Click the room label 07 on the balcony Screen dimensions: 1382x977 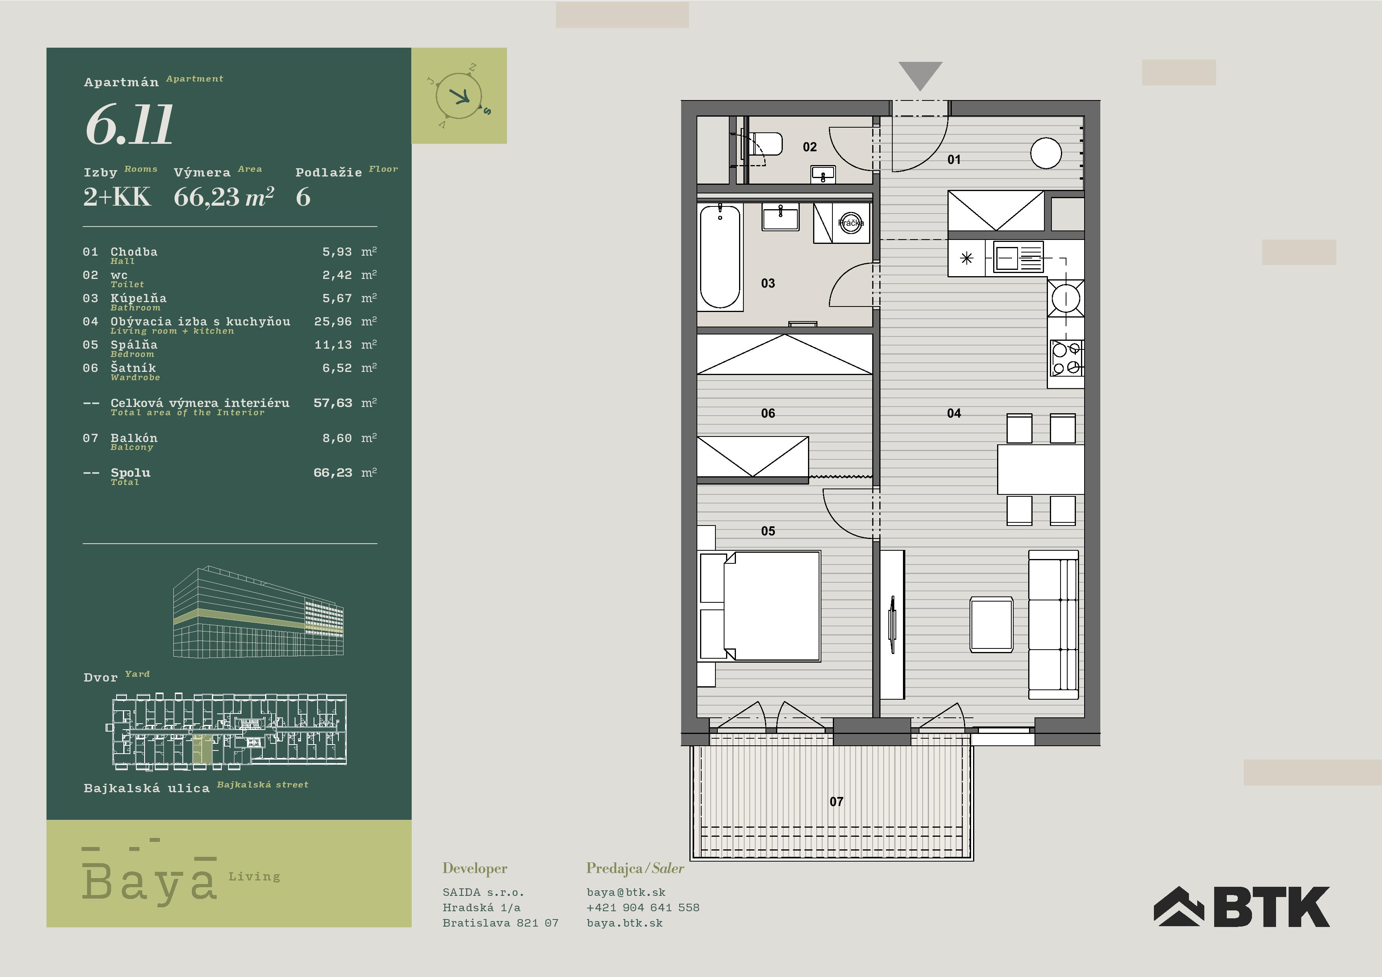pos(836,802)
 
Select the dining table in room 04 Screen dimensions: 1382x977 pos(1041,470)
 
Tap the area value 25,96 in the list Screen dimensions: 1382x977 pos(333,321)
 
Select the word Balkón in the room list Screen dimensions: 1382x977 pos(134,438)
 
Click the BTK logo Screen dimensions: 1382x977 pos(1241,906)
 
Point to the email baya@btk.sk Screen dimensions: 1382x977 pos(626,892)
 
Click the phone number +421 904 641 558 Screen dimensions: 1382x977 pos(643,907)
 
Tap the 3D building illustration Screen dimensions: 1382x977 pos(259,611)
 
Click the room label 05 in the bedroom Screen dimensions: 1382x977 pos(768,531)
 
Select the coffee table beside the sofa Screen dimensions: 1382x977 pos(991,624)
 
